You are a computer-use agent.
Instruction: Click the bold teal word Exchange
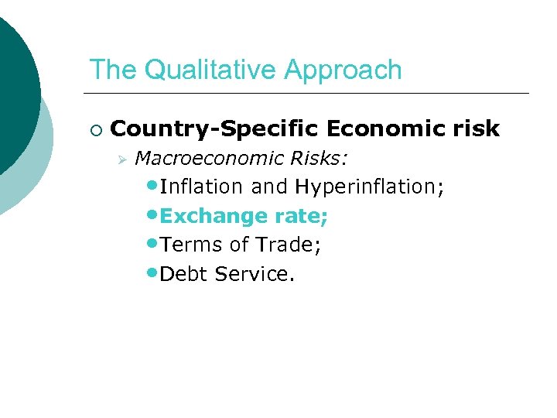[x=210, y=217]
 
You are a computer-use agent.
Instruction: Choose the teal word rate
[x=297, y=217]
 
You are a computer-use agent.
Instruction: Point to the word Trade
[x=288, y=245]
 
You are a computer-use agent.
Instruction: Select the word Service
[x=255, y=274]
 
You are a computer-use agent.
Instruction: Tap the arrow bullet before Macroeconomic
[x=121, y=159]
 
